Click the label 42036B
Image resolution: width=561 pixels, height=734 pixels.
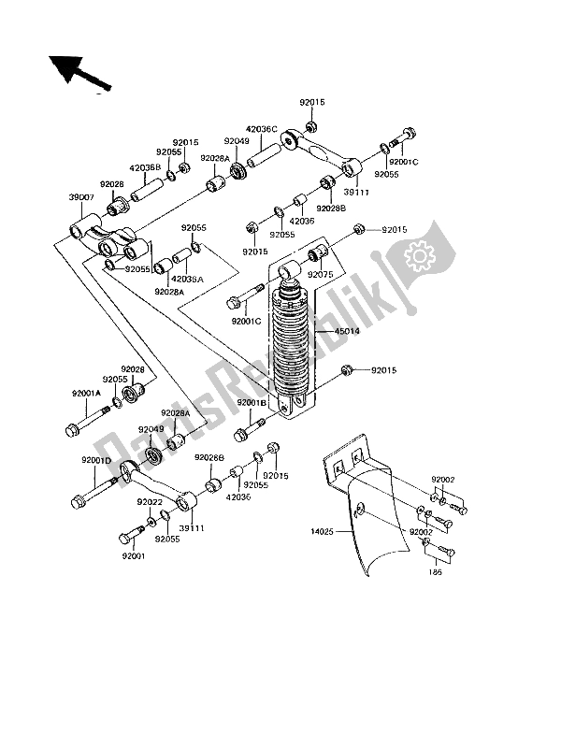coord(147,168)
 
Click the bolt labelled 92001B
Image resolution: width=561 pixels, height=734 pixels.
coord(245,433)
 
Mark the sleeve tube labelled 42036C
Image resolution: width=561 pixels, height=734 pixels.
coord(265,149)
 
